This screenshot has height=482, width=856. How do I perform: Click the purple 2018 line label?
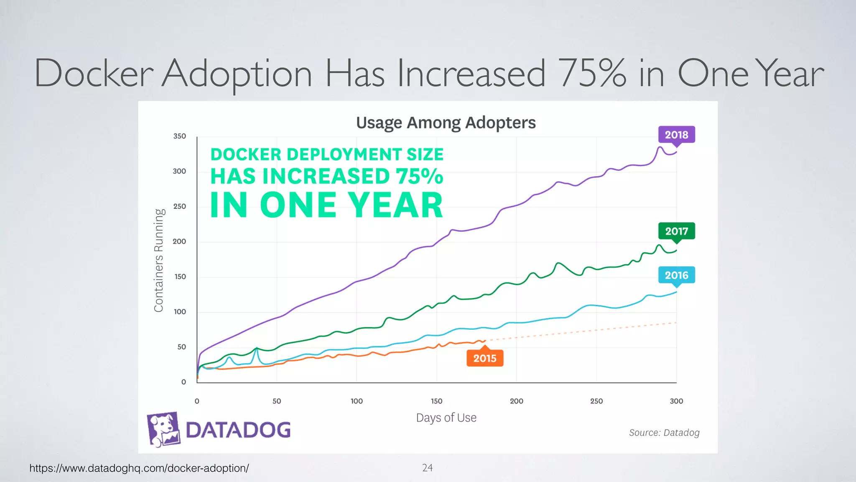pos(676,135)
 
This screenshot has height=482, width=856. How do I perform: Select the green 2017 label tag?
pos(676,231)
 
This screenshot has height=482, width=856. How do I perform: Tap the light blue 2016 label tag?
pos(676,275)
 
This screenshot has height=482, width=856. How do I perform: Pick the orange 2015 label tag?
pos(484,358)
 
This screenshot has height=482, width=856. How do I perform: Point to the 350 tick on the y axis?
pos(179,136)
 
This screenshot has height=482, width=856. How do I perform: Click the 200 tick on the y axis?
pos(179,241)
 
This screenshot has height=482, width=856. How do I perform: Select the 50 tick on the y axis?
pos(181,347)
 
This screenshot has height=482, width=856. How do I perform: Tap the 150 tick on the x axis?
pos(436,401)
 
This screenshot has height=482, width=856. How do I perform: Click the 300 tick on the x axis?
pos(676,401)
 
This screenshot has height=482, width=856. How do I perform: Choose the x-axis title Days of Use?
pos(446,418)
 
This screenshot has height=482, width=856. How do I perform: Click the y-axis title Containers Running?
pos(159,260)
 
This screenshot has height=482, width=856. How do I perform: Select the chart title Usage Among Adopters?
pos(446,123)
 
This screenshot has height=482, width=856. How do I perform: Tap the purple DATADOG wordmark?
pos(238,430)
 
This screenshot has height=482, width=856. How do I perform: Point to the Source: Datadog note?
pos(664,433)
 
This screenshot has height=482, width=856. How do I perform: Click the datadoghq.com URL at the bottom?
pos(139,468)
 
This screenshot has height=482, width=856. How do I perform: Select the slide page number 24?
pos(427,468)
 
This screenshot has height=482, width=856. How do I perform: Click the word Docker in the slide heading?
pos(94,74)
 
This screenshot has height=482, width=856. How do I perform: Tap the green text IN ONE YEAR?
pos(326,205)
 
